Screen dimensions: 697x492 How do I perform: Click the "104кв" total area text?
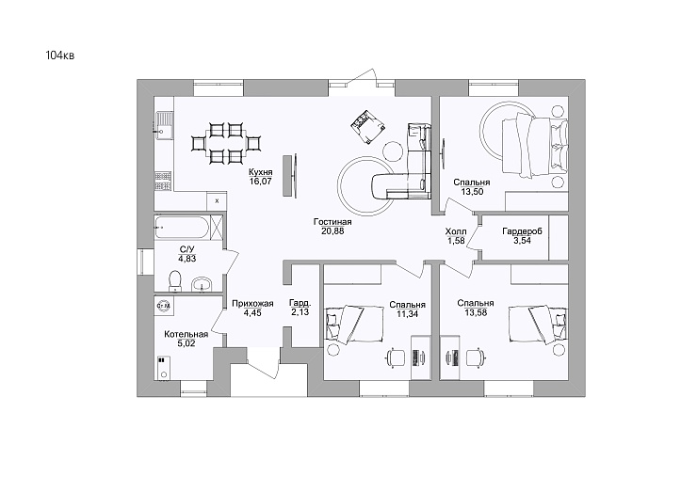click(60, 56)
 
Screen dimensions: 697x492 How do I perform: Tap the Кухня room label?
click(261, 172)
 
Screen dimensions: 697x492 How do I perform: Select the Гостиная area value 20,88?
click(332, 230)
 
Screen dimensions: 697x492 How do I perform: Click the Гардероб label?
click(523, 231)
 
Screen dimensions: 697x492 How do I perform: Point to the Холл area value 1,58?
click(456, 241)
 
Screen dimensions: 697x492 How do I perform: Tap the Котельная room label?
click(186, 334)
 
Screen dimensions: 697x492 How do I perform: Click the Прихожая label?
click(252, 304)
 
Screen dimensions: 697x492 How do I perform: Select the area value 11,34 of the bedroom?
click(408, 314)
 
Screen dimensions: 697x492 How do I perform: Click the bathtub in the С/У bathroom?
click(182, 228)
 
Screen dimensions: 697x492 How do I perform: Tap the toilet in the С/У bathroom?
click(174, 281)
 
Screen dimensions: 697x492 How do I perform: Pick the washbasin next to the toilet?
click(203, 284)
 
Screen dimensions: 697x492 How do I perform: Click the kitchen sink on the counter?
click(164, 125)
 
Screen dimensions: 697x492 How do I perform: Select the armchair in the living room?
click(366, 127)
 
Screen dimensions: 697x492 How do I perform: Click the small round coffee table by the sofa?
click(394, 151)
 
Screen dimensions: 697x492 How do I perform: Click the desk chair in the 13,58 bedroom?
click(475, 357)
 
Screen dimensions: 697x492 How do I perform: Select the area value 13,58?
click(476, 312)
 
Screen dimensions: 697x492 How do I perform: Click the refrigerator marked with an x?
click(217, 201)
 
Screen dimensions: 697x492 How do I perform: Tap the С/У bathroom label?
click(187, 249)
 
